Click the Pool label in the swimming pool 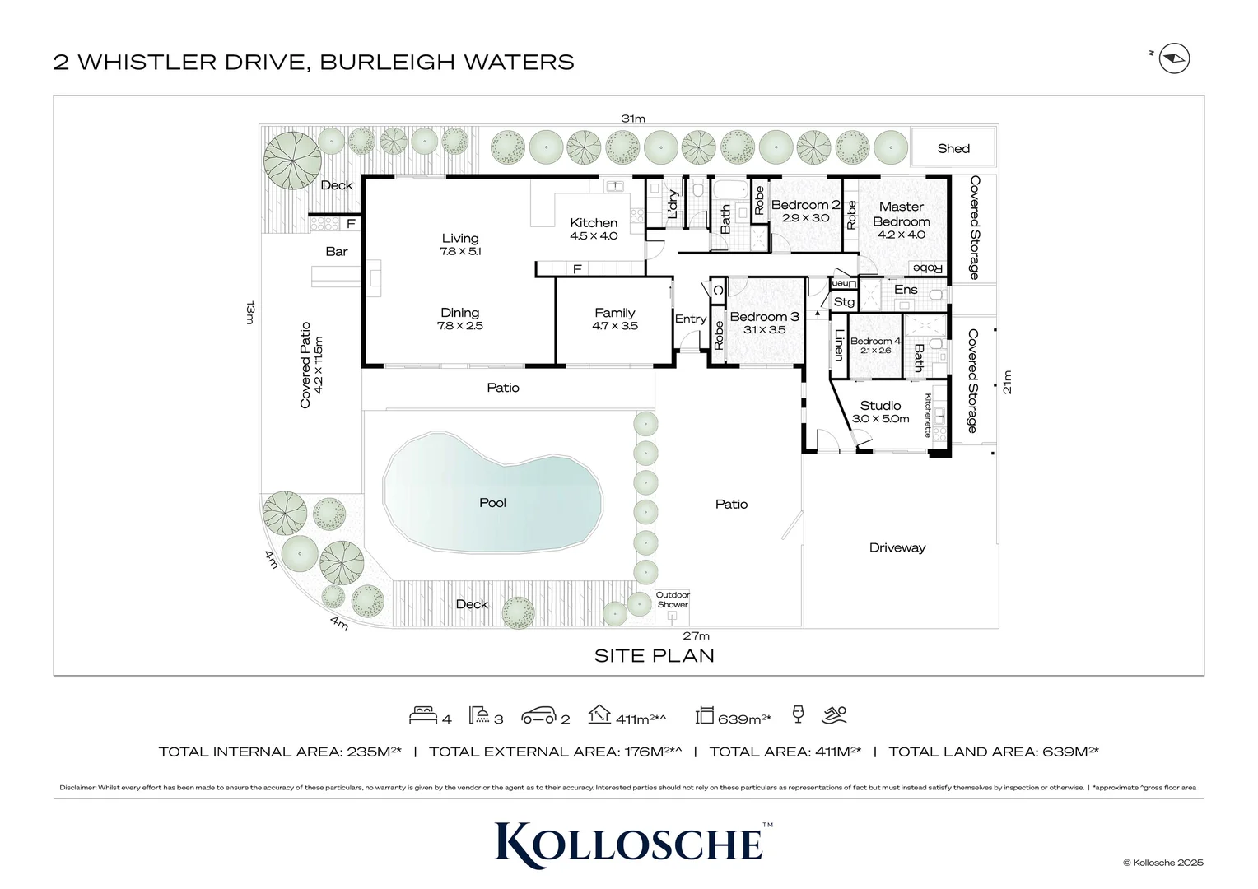click(x=492, y=503)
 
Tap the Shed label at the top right click(x=953, y=149)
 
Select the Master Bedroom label click(x=901, y=214)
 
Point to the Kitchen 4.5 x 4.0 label click(x=594, y=229)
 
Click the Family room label click(x=615, y=319)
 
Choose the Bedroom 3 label click(x=764, y=317)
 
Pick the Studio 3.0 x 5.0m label click(x=880, y=412)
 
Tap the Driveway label click(x=897, y=547)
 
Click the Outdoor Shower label click(x=673, y=600)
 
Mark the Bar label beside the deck click(x=337, y=252)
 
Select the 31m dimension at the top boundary click(x=633, y=119)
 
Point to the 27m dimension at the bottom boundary click(x=696, y=635)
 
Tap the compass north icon click(x=1174, y=59)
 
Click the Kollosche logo click(x=630, y=844)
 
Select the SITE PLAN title click(x=655, y=656)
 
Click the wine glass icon click(x=797, y=714)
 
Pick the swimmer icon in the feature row click(x=835, y=714)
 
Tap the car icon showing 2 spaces click(x=539, y=716)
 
